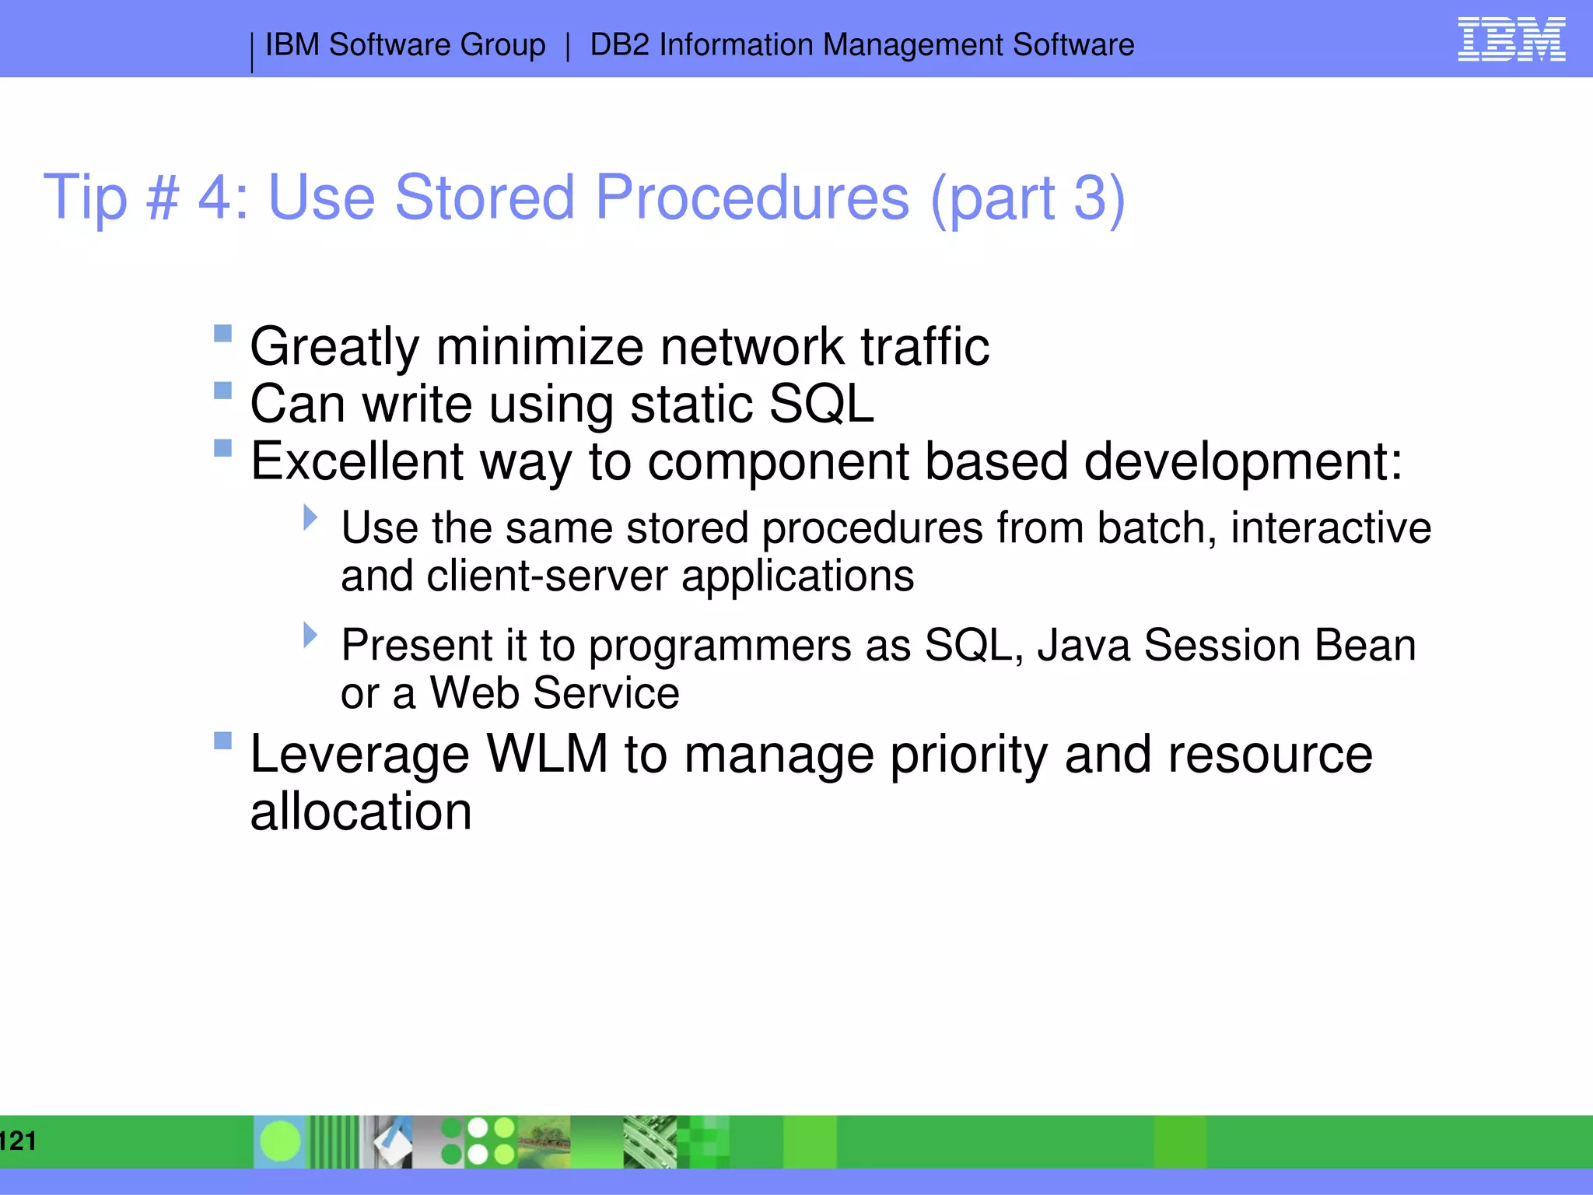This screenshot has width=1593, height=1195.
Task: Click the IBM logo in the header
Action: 1511,40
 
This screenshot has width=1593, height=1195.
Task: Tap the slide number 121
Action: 18,1141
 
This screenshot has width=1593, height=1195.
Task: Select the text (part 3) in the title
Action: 1028,198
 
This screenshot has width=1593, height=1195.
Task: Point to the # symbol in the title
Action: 162,198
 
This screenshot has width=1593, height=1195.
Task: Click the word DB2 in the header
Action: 619,45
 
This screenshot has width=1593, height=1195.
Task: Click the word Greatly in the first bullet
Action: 334,347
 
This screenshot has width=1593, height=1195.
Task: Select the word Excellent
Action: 356,461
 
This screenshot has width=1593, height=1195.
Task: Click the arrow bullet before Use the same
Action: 310,517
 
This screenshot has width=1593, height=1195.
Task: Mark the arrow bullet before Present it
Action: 310,635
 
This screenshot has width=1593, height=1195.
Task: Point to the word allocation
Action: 360,811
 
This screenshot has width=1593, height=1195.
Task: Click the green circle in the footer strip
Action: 280,1141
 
